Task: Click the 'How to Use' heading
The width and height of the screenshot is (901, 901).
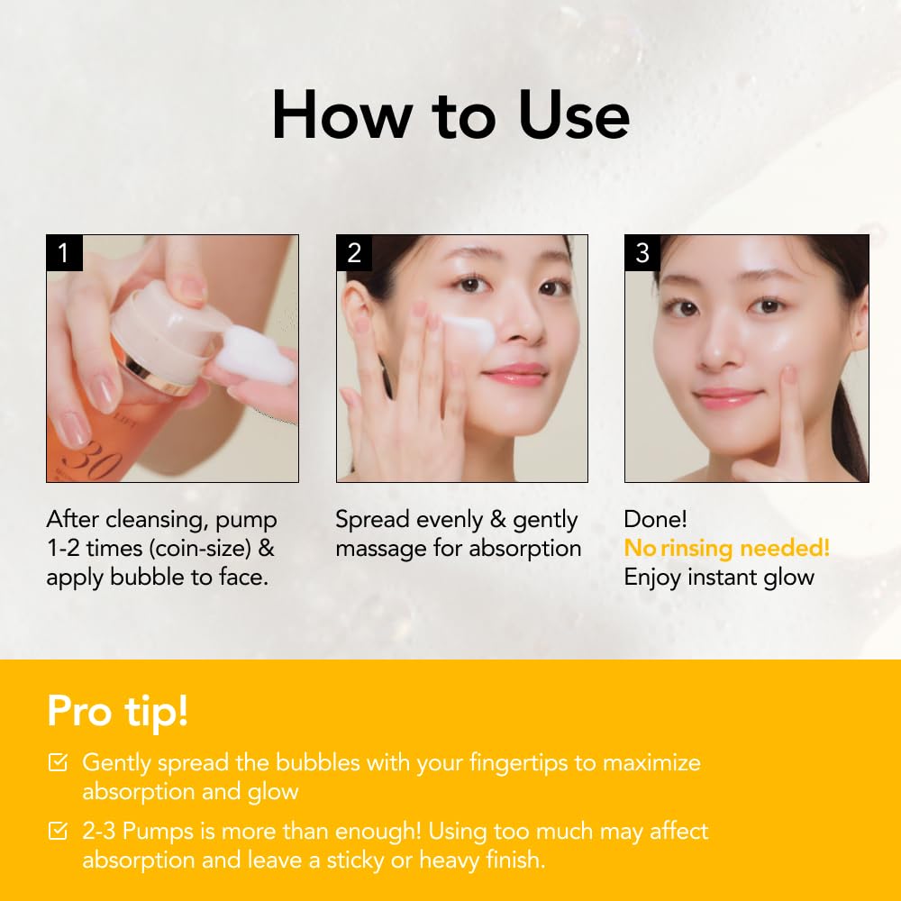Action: click(x=450, y=116)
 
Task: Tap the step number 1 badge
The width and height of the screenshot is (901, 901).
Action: click(x=64, y=253)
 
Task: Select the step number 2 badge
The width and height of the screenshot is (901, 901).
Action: click(x=354, y=253)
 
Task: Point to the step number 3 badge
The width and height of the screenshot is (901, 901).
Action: click(x=642, y=253)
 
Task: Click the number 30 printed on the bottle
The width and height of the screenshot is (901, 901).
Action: click(x=92, y=457)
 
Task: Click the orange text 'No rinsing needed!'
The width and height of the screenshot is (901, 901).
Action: click(x=727, y=548)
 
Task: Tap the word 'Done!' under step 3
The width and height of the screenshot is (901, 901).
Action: click(x=655, y=520)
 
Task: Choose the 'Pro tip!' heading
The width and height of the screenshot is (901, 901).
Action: click(x=118, y=712)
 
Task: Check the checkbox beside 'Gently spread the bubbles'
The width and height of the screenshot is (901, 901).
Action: click(x=58, y=762)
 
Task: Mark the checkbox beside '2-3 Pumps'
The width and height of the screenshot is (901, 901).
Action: click(x=58, y=831)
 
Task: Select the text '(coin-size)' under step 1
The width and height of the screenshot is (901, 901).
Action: click(x=200, y=549)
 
